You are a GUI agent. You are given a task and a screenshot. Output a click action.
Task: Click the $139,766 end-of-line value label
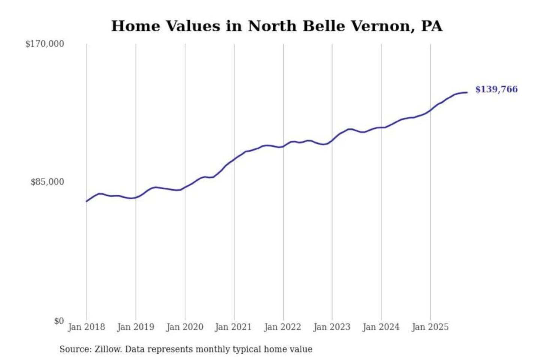coord(496,89)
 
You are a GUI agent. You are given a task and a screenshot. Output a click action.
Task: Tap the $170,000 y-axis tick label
coord(45,44)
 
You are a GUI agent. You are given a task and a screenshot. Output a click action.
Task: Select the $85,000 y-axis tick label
coord(47,182)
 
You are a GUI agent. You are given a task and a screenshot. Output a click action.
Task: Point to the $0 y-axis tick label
coord(59,321)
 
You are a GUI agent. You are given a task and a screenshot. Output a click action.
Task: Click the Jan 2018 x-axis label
coord(86,327)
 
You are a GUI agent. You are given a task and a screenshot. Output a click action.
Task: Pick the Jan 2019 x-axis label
coord(135,327)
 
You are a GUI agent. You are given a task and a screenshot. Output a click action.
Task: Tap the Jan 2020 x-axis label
coord(184,327)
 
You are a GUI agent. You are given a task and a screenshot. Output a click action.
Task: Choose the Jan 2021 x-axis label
coord(233,327)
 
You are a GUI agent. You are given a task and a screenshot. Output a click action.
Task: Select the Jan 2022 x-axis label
coord(282,327)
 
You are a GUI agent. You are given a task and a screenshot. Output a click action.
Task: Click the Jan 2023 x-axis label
coord(331,327)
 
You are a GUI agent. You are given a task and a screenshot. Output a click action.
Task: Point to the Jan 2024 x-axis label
coord(381,327)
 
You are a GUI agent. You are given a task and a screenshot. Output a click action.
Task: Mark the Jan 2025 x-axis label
coord(430,327)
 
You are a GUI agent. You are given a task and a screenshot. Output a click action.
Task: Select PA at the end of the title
coord(432,26)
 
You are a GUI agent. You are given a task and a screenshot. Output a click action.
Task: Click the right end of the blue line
coord(467,92)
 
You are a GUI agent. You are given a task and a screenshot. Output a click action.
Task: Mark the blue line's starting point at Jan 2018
coord(87,201)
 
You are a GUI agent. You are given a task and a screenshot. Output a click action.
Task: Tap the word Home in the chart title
coord(135,26)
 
